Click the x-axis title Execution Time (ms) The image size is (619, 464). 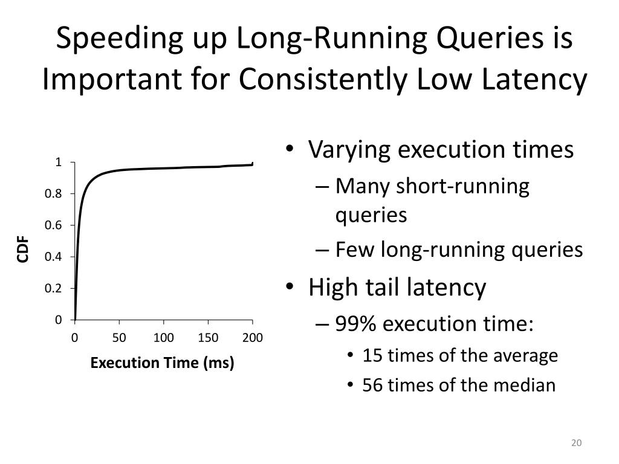[162, 363]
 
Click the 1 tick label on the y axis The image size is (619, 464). [59, 162]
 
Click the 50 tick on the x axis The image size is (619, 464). [119, 337]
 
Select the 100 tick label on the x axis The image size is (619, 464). [164, 337]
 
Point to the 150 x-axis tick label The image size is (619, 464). [209, 337]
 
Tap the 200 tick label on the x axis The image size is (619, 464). [253, 337]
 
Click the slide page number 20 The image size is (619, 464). [575, 443]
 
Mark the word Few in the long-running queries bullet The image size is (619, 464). [355, 250]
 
